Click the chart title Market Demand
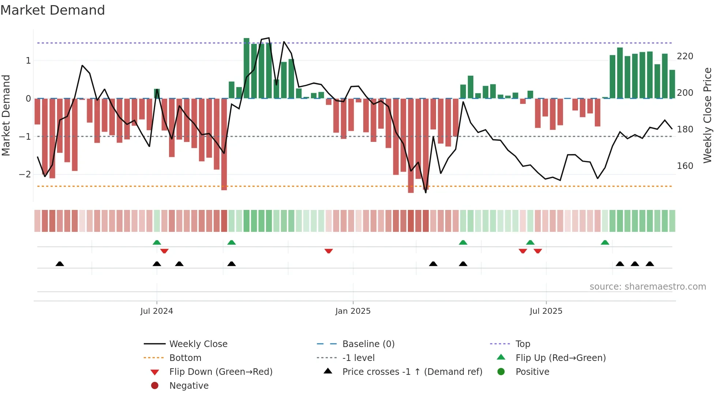(x=53, y=10)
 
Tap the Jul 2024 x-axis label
(x=157, y=311)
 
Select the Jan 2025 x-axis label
(x=353, y=311)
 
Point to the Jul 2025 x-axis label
(x=546, y=311)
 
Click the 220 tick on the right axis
(x=685, y=56)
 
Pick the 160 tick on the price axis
(x=685, y=166)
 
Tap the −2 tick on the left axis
(x=25, y=174)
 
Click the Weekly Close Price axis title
(x=707, y=115)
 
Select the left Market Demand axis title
(x=6, y=115)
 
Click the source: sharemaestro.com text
(x=647, y=287)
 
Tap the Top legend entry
(x=522, y=344)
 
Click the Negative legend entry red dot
(x=155, y=386)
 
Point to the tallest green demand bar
(x=247, y=68)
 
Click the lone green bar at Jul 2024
(x=157, y=94)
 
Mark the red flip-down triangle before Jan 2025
(x=329, y=251)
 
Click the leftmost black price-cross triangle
(x=60, y=264)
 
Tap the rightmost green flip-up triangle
(x=605, y=242)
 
